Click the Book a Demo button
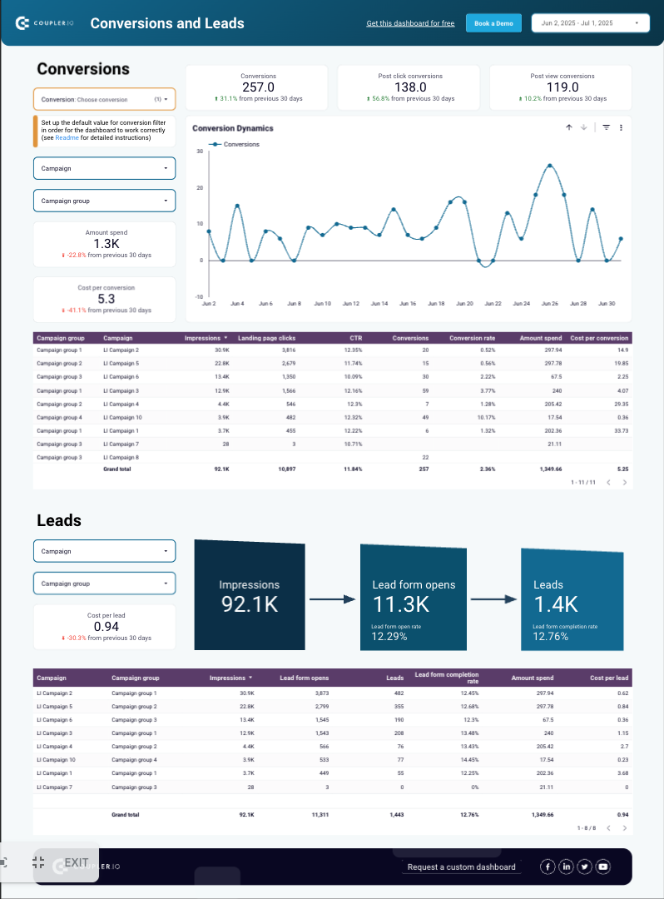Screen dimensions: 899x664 coord(494,23)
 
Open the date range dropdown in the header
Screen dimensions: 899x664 coord(590,23)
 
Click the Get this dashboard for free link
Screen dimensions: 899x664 coord(410,23)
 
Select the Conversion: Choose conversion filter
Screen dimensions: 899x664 coord(104,99)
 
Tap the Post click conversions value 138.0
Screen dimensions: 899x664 coord(410,87)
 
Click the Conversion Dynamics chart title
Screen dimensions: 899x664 coord(233,128)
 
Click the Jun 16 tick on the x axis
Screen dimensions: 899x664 coord(408,304)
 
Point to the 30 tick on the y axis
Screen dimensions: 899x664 coord(200,151)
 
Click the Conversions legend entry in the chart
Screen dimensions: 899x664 coord(241,144)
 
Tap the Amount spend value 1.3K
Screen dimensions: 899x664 coord(106,244)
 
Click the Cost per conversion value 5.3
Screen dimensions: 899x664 coord(106,299)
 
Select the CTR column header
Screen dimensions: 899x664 coord(354,338)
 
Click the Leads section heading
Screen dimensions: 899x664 coord(59,520)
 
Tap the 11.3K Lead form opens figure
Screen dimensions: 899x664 coord(400,604)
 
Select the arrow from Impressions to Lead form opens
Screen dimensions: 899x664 coord(332,598)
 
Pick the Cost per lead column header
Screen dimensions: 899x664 coord(609,678)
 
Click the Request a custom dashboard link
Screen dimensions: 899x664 coord(462,867)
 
